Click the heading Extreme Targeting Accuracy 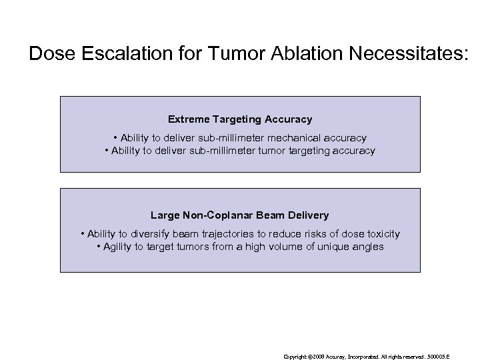pos(240,119)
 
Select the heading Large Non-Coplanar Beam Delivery pos(240,215)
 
